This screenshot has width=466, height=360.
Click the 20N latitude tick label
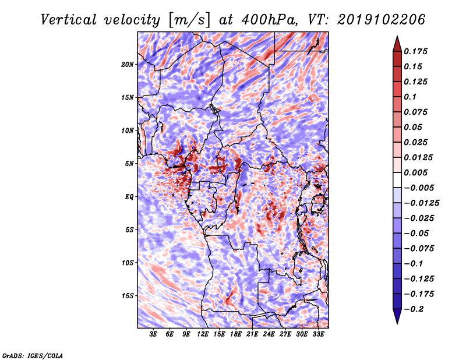point(128,64)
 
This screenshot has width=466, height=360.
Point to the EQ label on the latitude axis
point(129,197)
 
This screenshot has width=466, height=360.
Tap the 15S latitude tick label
point(128,296)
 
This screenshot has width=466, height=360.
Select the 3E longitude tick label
point(153,334)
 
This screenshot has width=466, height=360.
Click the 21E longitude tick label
point(252,334)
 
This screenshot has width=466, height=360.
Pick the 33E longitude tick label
point(318,334)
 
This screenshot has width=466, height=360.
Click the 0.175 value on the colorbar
point(415,51)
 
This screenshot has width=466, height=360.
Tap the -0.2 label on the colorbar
point(414,309)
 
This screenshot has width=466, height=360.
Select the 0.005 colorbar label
point(415,172)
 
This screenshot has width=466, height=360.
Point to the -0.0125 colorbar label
point(421,203)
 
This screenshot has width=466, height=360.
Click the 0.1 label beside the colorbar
point(410,97)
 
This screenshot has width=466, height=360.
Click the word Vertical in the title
point(69,20)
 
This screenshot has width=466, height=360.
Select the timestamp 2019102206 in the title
point(382,20)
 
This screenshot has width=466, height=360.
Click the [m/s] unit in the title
point(189,20)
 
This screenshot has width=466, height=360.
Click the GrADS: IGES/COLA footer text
point(33,356)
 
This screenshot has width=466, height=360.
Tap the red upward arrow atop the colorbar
point(397,45)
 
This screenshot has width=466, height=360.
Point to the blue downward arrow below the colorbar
point(397,316)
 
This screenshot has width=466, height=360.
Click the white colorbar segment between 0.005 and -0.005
point(397,180)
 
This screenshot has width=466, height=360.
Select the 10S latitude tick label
point(128,263)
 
